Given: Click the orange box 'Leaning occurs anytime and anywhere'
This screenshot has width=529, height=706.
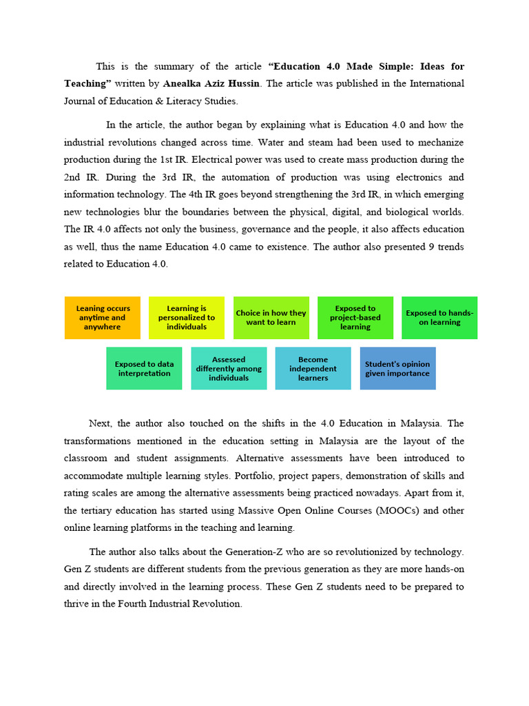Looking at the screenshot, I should coord(102,318).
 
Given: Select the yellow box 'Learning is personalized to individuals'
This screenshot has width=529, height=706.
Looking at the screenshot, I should coord(186,318).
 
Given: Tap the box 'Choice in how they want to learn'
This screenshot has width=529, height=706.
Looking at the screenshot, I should coord(271,318).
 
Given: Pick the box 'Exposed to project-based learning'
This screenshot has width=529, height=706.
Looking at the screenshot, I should coord(355,318).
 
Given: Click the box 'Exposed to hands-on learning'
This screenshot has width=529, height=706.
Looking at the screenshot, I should coord(439,318).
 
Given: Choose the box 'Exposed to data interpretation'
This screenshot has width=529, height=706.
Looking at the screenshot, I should coord(144,369).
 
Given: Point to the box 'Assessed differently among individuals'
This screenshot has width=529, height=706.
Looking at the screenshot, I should coord(229,369).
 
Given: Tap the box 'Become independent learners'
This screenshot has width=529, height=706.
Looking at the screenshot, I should coord(313,369).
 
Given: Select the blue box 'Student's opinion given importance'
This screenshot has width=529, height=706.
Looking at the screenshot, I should coord(397,369).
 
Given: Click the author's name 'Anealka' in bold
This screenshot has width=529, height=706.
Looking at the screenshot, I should coord(183,83).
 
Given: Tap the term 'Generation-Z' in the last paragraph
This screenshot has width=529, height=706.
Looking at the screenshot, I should coord(205,552).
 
